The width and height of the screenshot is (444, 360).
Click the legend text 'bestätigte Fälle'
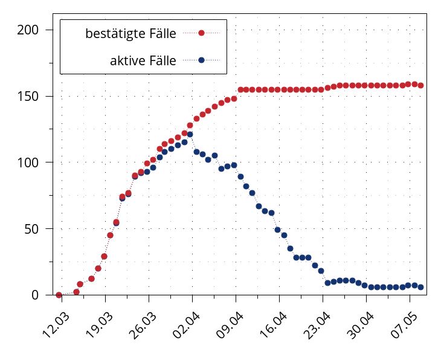point(131,34)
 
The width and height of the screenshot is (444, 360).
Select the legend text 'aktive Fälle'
point(143,60)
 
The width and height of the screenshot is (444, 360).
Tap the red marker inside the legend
point(202,33)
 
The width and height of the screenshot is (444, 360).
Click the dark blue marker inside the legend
point(202,60)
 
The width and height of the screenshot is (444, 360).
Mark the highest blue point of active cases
point(190,134)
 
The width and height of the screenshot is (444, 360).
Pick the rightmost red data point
point(421,86)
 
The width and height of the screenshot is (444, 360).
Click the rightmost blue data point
point(421,287)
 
